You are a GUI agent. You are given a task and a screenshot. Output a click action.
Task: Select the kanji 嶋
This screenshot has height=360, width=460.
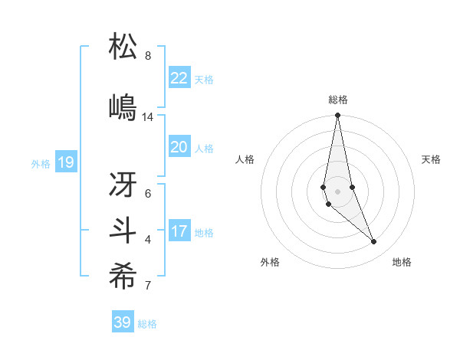click(123, 107)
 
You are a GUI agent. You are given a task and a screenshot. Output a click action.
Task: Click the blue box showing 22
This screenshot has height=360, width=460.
click(179, 78)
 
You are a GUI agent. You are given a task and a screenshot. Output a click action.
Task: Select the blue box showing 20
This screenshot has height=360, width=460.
click(179, 147)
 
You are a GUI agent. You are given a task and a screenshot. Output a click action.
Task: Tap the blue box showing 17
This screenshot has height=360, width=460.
click(179, 231)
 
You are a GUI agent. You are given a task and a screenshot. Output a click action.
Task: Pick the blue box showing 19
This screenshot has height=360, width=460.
click(66, 162)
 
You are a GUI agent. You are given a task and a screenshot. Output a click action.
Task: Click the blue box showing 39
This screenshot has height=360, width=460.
click(123, 322)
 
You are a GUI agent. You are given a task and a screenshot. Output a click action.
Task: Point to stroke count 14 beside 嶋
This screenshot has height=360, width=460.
click(148, 117)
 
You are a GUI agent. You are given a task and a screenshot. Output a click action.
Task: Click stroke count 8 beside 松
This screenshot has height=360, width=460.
click(148, 56)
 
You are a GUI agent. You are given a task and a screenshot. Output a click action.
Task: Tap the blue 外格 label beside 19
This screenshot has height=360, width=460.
click(41, 163)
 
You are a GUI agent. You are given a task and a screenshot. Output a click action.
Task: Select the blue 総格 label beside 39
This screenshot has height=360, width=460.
click(147, 324)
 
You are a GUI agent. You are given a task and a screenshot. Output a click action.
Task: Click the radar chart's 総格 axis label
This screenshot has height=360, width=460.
click(338, 100)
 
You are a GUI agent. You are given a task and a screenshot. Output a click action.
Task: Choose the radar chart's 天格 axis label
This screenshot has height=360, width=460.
click(432, 159)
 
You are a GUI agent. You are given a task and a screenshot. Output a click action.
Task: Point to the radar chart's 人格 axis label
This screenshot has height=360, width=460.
click(245, 159)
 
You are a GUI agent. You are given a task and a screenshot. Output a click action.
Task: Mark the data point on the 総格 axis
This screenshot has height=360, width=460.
click(337, 116)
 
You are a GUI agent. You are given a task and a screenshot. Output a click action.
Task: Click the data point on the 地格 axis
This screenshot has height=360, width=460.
click(373, 242)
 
